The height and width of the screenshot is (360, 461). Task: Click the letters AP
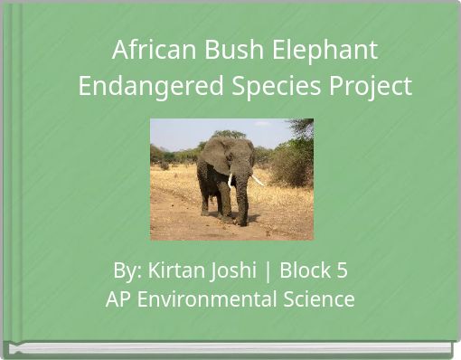[118, 298]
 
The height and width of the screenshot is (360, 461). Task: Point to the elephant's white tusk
[258, 180]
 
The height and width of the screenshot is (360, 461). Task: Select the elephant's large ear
[215, 156]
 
